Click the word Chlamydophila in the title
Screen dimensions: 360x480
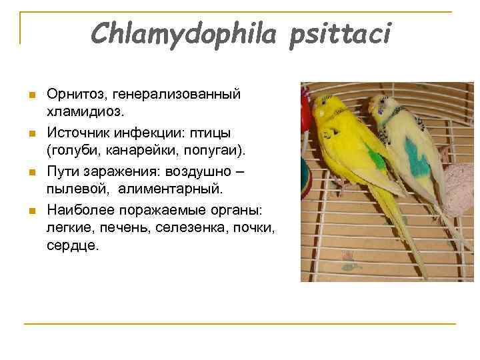(182, 33)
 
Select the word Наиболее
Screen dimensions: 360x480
(80, 210)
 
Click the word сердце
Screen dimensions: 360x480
(71, 246)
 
